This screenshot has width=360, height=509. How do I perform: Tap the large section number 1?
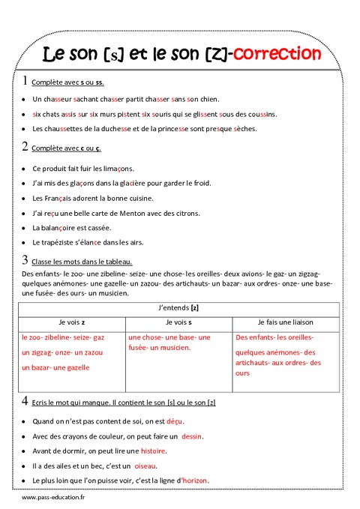pyautogui.click(x=25, y=81)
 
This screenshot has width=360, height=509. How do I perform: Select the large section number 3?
pyautogui.click(x=25, y=260)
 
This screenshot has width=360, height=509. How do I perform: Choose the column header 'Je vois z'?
pyautogui.click(x=68, y=322)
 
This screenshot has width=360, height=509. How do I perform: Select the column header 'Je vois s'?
pyautogui.click(x=178, y=322)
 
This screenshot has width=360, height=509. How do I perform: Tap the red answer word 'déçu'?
pyautogui.click(x=174, y=421)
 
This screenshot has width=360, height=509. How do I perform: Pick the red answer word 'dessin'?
pyautogui.click(x=192, y=436)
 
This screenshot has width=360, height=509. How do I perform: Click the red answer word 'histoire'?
pyautogui.click(x=153, y=451)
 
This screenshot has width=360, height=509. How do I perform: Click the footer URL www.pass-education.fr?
pyautogui.click(x=52, y=498)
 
